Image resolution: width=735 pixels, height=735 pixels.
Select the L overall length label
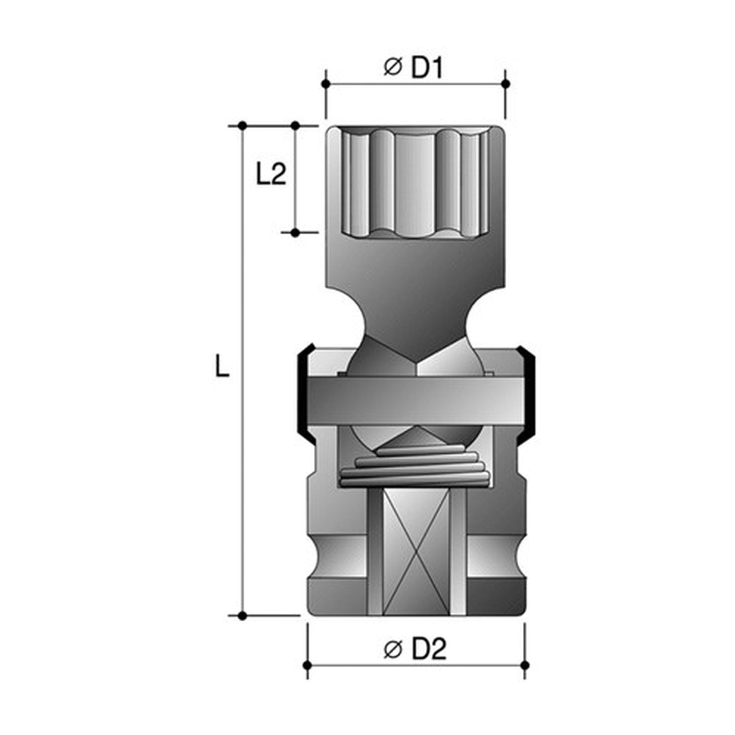222,366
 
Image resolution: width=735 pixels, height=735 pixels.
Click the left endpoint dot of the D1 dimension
325,84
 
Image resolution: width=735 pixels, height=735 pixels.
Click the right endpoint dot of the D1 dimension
506,84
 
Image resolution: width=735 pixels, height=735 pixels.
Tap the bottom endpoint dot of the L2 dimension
295,233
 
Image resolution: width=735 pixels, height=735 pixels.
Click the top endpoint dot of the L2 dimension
295,125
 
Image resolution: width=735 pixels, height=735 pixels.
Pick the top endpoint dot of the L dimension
242,125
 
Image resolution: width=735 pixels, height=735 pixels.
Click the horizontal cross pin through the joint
416,401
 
